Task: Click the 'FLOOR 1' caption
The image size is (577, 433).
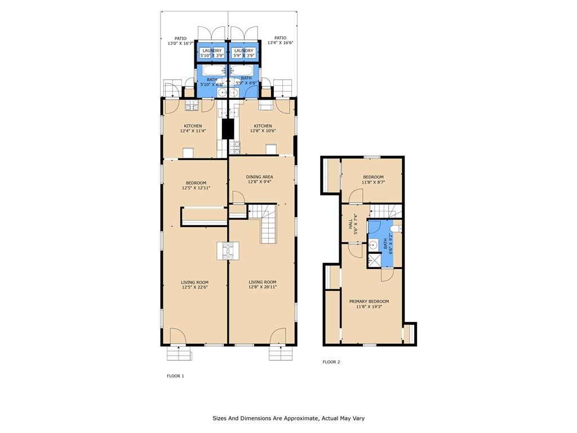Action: click(175, 376)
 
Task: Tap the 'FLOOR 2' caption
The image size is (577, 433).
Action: click(331, 362)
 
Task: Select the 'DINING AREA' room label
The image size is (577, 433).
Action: click(259, 176)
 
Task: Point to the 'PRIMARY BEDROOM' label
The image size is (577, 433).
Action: click(369, 301)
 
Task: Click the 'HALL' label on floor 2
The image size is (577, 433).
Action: click(350, 224)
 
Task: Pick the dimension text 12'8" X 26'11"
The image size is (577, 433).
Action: click(263, 287)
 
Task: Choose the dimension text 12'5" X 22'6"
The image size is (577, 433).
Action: click(194, 287)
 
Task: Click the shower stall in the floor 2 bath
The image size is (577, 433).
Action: click(374, 259)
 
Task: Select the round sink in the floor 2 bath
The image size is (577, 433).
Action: click(372, 244)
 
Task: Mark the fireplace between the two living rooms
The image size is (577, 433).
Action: click(228, 251)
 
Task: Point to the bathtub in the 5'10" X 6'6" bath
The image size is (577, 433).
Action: click(212, 70)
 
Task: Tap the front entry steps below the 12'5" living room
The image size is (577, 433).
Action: click(179, 354)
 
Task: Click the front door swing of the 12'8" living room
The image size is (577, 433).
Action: click(278, 336)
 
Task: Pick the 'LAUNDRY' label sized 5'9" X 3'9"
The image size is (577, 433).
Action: click(243, 51)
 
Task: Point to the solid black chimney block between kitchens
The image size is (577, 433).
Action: click(228, 129)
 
